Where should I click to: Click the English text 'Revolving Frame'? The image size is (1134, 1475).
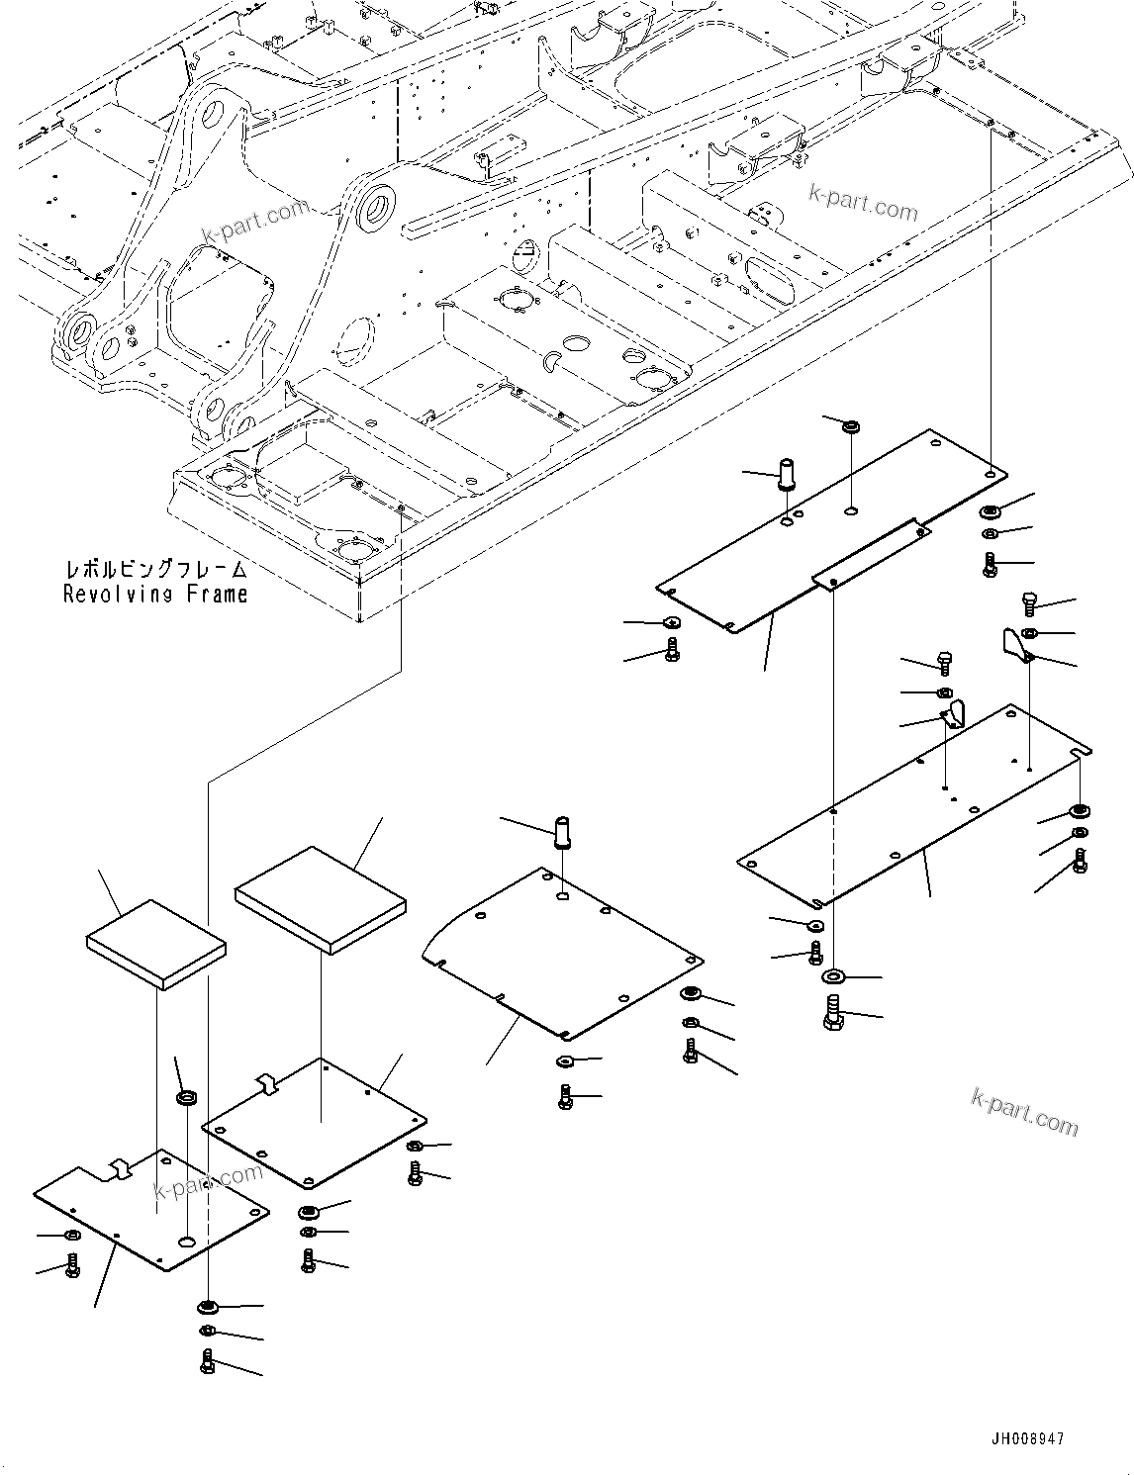(155, 594)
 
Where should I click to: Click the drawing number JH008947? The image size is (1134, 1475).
(1025, 1439)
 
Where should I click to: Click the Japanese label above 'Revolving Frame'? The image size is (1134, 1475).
(155, 570)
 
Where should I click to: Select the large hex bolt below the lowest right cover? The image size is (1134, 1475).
(832, 1013)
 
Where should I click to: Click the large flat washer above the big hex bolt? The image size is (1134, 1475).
(833, 977)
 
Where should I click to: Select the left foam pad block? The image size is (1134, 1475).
(156, 944)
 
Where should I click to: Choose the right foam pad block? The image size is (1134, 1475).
(321, 898)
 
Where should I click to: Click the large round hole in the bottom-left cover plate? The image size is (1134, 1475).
(188, 1242)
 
